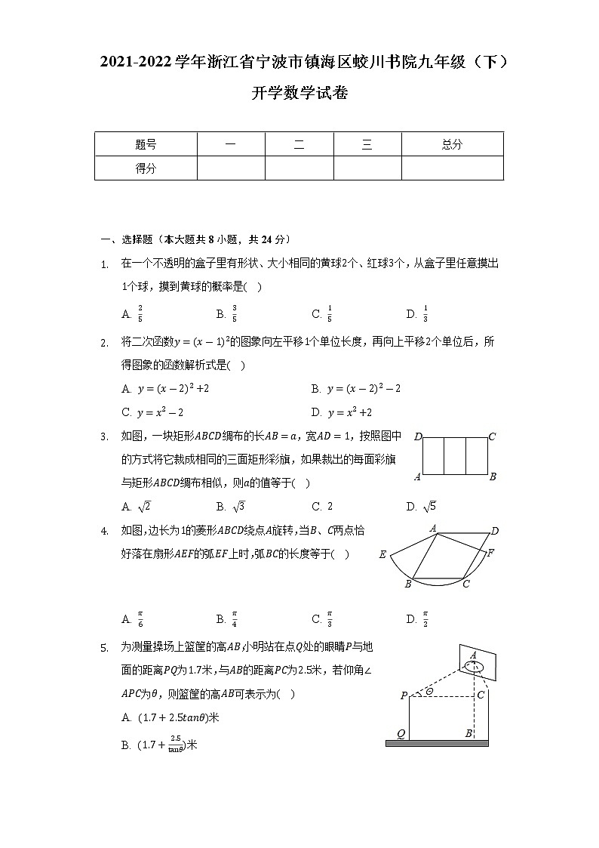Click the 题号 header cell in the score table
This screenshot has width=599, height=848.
[x=146, y=144]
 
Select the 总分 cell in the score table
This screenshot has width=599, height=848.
[x=452, y=144]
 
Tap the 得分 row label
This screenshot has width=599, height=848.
[x=146, y=168]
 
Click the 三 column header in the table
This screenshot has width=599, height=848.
[x=367, y=144]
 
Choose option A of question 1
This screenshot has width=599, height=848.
[x=133, y=314]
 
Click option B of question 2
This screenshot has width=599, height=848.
[x=355, y=388]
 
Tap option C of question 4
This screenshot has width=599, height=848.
[x=322, y=619]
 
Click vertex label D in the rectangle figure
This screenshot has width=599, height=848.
[x=417, y=436]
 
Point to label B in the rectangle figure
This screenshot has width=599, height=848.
[x=492, y=476]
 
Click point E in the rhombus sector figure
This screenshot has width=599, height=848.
[x=382, y=555]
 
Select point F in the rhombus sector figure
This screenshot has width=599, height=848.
[x=490, y=553]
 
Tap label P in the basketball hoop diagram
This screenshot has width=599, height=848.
[x=403, y=695]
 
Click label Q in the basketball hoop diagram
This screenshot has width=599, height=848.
[x=401, y=733]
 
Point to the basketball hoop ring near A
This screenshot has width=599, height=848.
[x=475, y=668]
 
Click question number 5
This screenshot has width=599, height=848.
[x=105, y=647]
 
